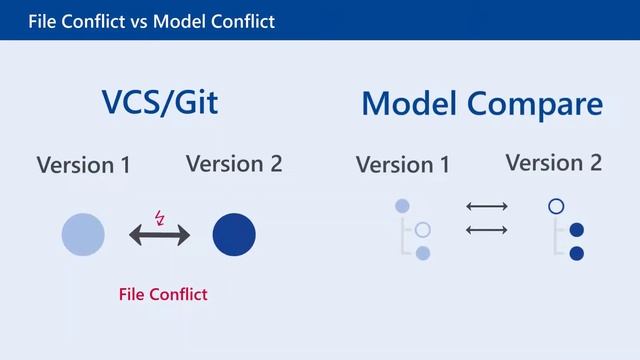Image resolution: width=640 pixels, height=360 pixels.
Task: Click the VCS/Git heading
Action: click(159, 104)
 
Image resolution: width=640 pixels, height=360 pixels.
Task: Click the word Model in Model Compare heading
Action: click(409, 104)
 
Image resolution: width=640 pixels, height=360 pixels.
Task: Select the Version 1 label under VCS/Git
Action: click(83, 165)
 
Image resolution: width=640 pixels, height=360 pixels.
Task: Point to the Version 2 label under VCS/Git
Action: click(234, 163)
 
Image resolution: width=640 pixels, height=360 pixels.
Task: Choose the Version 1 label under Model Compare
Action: click(403, 165)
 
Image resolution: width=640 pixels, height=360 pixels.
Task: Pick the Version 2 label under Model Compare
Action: click(553, 162)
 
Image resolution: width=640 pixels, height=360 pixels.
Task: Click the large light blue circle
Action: click(83, 235)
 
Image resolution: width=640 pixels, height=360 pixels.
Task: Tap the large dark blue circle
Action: click(234, 235)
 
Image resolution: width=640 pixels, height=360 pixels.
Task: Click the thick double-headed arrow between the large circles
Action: click(159, 236)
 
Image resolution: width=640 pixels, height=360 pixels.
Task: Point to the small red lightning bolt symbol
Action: click(160, 216)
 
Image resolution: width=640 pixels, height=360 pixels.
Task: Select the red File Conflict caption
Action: click(163, 294)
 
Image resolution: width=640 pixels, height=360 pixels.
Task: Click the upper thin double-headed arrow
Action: click(487, 207)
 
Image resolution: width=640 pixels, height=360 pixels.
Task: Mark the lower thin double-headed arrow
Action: click(487, 230)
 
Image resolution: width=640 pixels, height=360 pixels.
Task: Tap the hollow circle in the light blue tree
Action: click(423, 230)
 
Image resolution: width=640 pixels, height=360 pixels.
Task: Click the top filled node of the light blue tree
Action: click(402, 206)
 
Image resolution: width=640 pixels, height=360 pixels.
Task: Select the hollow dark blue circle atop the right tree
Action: click(556, 207)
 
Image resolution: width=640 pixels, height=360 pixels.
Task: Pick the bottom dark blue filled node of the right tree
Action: click(576, 253)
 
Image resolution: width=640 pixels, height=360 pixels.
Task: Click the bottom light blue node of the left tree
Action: click(423, 253)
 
